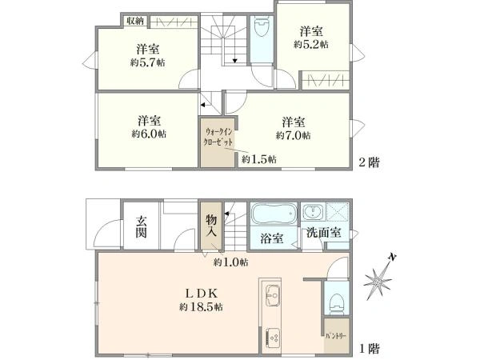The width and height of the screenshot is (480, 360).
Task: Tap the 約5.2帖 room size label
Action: point(311,45)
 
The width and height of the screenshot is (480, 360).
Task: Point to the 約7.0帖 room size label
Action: point(294,135)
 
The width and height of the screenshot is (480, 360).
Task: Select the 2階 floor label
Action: point(369,162)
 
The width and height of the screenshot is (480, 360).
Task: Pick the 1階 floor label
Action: point(369,349)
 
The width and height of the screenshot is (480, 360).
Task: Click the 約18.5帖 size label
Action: point(202,306)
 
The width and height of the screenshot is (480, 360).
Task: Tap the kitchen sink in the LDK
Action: point(271,293)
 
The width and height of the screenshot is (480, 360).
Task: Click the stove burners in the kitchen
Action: point(271,336)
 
